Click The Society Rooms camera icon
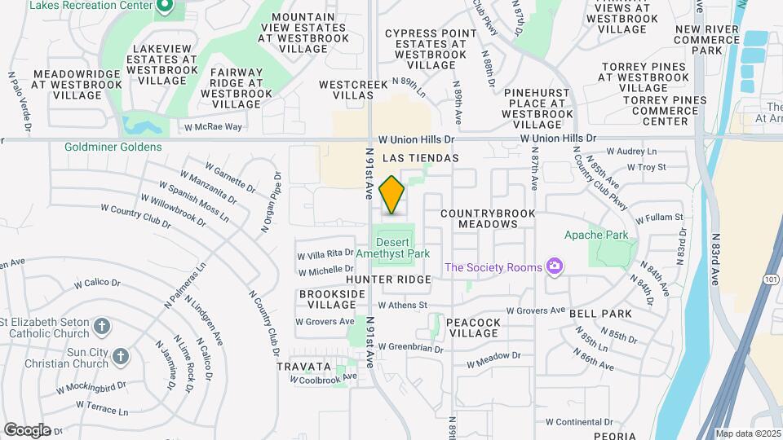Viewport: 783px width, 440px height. (x=555, y=267)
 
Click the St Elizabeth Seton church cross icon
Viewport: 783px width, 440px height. (x=102, y=327)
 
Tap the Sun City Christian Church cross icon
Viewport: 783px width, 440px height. (x=121, y=356)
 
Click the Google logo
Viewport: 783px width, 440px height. (x=27, y=429)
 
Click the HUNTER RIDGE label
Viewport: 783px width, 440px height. (x=399, y=279)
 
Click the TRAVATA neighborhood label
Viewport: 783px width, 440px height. (x=303, y=367)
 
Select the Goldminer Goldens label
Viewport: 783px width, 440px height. (x=113, y=147)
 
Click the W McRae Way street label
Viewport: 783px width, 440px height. (x=213, y=127)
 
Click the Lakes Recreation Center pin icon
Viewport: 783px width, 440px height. (x=164, y=8)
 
